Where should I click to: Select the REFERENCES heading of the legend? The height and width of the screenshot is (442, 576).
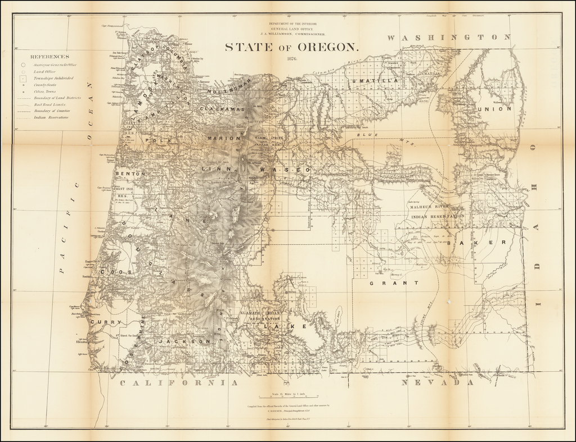(50, 57)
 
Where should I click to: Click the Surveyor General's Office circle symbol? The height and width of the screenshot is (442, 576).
(23, 65)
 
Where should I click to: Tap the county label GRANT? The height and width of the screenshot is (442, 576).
(386, 284)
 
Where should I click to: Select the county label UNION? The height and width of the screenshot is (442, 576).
(494, 109)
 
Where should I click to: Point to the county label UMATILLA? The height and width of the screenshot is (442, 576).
(374, 81)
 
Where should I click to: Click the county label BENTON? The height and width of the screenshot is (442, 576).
(130, 174)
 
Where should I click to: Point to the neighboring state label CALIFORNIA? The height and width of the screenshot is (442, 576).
(179, 383)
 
